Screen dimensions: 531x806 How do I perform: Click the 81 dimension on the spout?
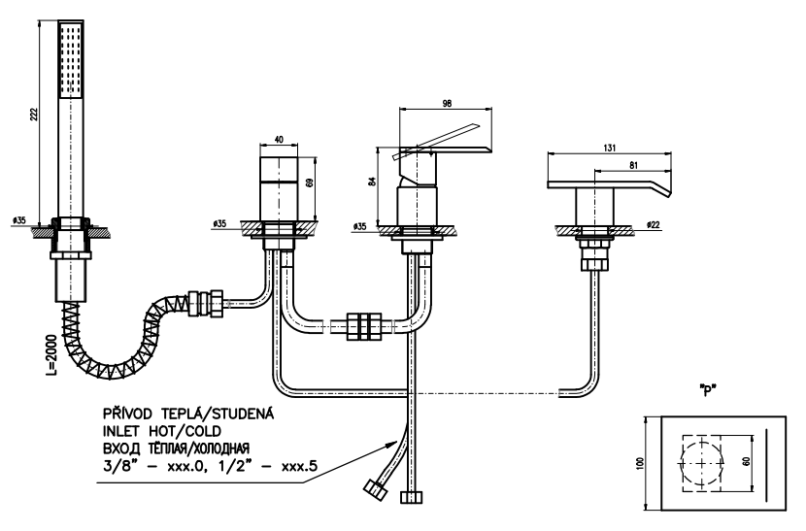click(x=633, y=166)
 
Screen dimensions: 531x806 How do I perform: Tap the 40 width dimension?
click(x=279, y=140)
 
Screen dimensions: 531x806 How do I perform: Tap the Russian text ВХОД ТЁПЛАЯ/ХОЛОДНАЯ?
click(x=184, y=448)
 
